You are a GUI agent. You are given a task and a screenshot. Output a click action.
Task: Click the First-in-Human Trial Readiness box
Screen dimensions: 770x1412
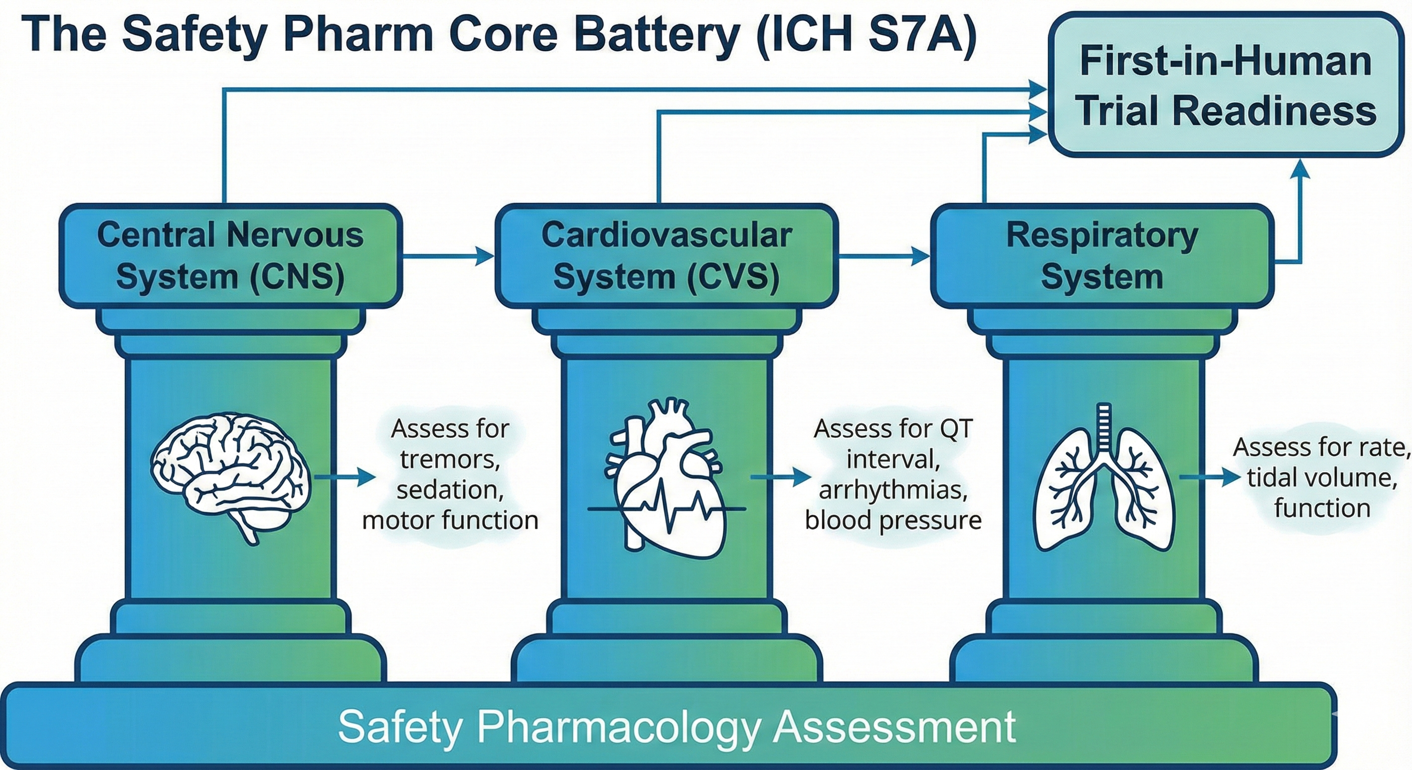click(1225, 85)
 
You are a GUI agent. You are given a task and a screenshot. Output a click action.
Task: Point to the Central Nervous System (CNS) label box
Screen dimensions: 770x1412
click(230, 255)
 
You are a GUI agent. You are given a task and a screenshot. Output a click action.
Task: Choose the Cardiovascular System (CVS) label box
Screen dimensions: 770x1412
click(666, 255)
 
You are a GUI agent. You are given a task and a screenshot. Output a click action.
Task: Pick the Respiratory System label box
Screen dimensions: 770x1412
click(1102, 255)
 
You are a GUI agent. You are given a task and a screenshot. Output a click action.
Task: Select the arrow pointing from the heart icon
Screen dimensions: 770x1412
click(782, 477)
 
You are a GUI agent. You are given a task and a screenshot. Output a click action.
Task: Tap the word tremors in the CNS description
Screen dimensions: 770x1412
click(449, 459)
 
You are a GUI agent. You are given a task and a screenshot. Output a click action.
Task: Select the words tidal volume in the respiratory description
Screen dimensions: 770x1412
click(1322, 478)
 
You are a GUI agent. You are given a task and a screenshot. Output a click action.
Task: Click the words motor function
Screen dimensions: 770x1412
click(450, 520)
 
